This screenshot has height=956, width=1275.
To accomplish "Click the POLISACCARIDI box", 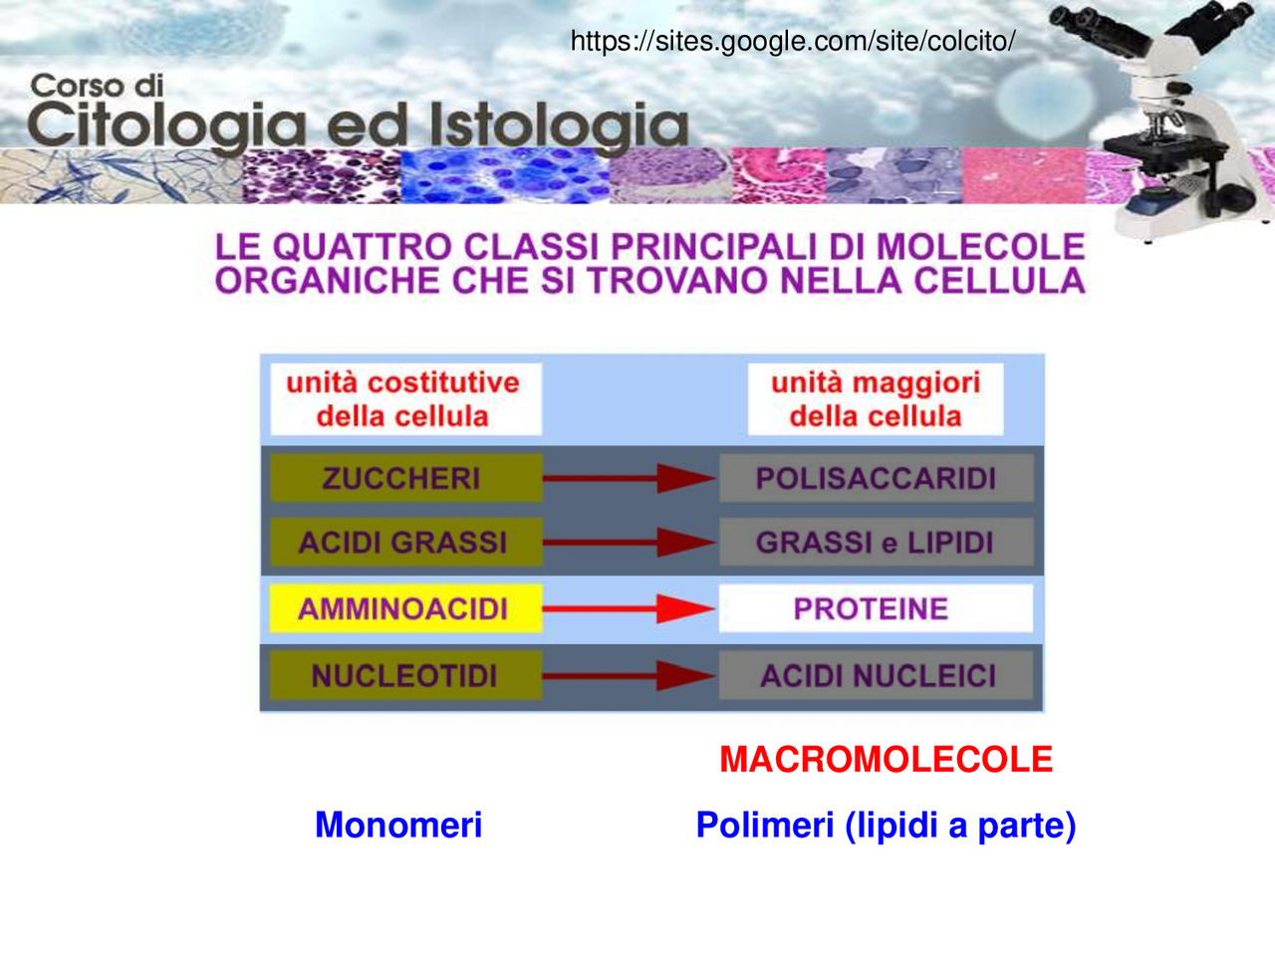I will [x=876, y=479].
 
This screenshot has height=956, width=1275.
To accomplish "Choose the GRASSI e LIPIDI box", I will [x=876, y=543].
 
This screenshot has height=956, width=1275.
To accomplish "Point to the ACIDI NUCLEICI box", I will [x=876, y=676].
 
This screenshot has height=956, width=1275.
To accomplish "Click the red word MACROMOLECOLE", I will [x=886, y=760].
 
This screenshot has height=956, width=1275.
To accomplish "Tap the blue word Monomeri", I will [x=398, y=825].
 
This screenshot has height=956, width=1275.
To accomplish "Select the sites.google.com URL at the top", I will [x=792, y=41].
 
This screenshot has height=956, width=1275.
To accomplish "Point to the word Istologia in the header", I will [x=559, y=126].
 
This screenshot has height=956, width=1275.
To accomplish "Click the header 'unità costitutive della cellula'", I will [x=403, y=399].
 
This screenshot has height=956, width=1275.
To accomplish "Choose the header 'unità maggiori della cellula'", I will [x=876, y=399].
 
